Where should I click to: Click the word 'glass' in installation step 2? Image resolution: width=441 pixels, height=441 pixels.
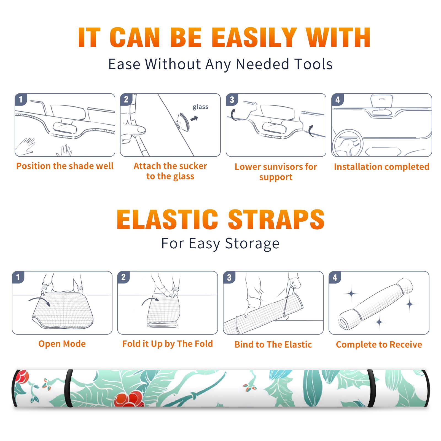(x=200, y=107)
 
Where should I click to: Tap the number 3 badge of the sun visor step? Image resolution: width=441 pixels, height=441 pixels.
(x=232, y=100)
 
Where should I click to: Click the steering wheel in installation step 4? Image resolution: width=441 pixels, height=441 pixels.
(x=348, y=143)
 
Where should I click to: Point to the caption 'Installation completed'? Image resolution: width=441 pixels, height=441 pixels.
(x=381, y=166)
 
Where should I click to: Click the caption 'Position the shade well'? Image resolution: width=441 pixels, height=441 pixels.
(x=65, y=166)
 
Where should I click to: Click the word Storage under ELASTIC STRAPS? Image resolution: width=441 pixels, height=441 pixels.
(x=252, y=243)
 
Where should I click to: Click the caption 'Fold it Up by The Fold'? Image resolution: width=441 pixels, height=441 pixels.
(x=168, y=344)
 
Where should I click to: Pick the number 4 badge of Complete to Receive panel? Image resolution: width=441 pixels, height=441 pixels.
(x=335, y=277)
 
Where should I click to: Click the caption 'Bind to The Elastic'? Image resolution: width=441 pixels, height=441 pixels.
(x=273, y=344)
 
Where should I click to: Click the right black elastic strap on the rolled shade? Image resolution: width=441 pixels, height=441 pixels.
(x=372, y=388)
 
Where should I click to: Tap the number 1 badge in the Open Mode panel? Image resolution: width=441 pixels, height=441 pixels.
(x=18, y=277)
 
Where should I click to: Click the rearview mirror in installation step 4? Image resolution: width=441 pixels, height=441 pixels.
(x=381, y=101)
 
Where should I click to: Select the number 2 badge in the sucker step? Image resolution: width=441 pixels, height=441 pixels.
(x=126, y=99)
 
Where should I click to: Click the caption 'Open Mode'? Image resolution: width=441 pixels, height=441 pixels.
(x=62, y=344)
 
